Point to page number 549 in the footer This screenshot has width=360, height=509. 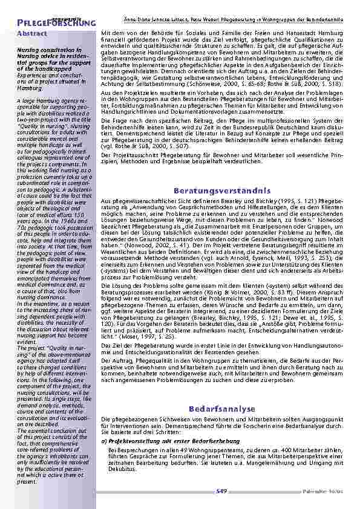(x=221, y=493)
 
